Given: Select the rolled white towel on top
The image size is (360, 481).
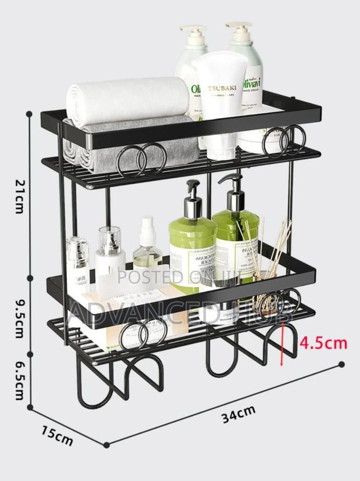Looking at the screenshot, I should (128, 99).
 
